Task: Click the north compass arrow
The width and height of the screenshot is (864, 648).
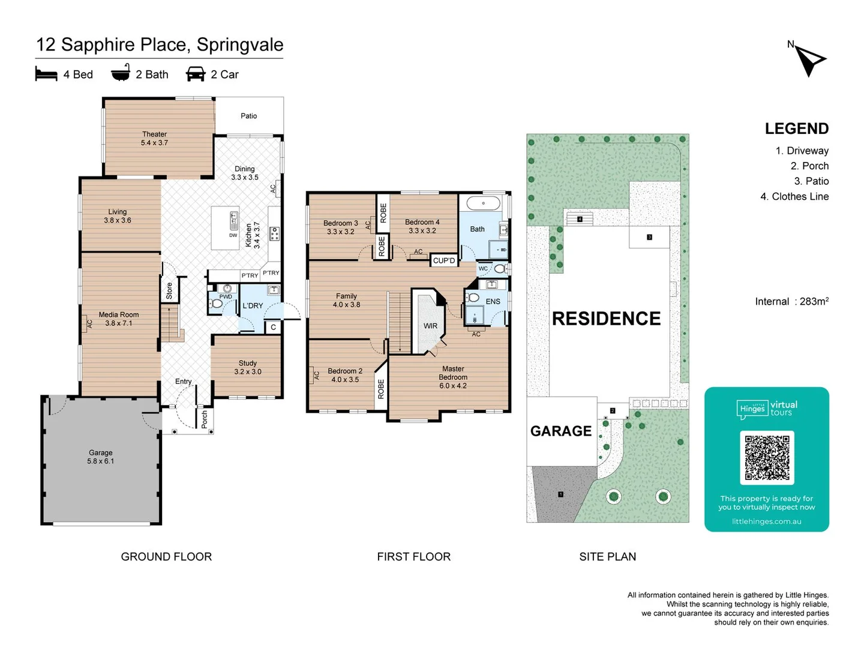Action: (811, 60)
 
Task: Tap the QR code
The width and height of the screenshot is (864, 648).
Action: (767, 457)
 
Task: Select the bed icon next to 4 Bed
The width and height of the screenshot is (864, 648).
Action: (46, 74)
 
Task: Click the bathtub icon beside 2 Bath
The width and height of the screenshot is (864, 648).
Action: (121, 73)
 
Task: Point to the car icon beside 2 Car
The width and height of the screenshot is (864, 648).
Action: (196, 74)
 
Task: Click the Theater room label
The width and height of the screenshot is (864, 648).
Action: (154, 139)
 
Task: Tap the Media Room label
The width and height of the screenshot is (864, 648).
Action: (119, 319)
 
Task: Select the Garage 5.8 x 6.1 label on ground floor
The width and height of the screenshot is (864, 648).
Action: (100, 457)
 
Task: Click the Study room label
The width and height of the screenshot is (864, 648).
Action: (247, 367)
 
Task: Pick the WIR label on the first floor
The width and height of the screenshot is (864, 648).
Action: (430, 326)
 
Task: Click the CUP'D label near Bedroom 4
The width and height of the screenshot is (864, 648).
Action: (444, 260)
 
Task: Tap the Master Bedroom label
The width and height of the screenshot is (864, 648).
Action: (453, 377)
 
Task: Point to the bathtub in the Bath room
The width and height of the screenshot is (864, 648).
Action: (483, 203)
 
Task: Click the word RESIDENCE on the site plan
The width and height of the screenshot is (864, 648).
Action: (606, 319)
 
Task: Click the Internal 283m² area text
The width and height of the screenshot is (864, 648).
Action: (791, 301)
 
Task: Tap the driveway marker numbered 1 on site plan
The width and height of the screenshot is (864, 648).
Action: (560, 494)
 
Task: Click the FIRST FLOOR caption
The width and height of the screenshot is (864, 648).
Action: (413, 557)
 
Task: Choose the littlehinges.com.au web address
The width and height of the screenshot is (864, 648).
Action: (766, 521)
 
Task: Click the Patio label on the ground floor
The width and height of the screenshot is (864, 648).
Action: (248, 116)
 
